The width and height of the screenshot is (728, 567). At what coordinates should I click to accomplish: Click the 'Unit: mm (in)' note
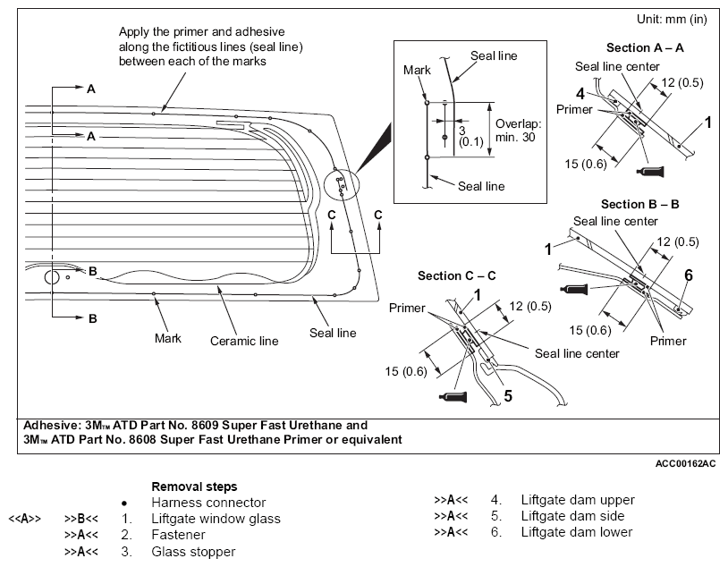pyautogui.click(x=672, y=19)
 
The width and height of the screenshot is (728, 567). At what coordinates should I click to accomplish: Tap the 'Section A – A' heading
pyautogui.click(x=645, y=47)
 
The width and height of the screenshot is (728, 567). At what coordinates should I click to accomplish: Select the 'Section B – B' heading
pyautogui.click(x=639, y=204)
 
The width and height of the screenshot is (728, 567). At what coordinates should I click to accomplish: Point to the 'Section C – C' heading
pyautogui.click(x=456, y=275)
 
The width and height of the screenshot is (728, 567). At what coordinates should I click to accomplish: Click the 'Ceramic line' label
pyautogui.click(x=244, y=341)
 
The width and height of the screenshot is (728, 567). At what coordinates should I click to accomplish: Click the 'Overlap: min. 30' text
pyautogui.click(x=518, y=131)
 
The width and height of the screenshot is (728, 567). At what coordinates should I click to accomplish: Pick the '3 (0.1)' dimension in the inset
pyautogui.click(x=470, y=137)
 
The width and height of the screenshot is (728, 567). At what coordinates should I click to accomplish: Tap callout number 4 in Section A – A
pyautogui.click(x=580, y=94)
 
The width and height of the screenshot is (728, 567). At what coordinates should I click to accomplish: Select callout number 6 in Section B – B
pyautogui.click(x=689, y=275)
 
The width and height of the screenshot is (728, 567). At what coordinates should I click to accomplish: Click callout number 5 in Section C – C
pyautogui.click(x=508, y=396)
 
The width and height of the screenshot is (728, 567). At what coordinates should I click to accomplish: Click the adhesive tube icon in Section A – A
pyautogui.click(x=651, y=172)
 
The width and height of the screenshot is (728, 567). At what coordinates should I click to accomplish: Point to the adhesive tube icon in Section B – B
pyautogui.click(x=575, y=289)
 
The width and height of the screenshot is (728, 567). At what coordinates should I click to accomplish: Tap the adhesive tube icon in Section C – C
pyautogui.click(x=453, y=396)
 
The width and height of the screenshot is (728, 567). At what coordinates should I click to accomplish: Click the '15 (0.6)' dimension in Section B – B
pyautogui.click(x=590, y=330)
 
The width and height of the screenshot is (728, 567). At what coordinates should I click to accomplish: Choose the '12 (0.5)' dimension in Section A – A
pyautogui.click(x=682, y=82)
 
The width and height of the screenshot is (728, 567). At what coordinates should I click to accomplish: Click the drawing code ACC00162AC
pyautogui.click(x=685, y=463)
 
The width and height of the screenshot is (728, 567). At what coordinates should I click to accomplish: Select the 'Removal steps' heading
pyautogui.click(x=194, y=487)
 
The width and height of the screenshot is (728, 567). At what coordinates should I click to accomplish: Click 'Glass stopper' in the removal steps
pyautogui.click(x=193, y=552)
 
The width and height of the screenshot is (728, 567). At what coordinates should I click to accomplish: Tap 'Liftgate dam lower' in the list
pyautogui.click(x=577, y=532)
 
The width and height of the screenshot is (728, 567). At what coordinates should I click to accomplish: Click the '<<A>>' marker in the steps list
pyautogui.click(x=25, y=518)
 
